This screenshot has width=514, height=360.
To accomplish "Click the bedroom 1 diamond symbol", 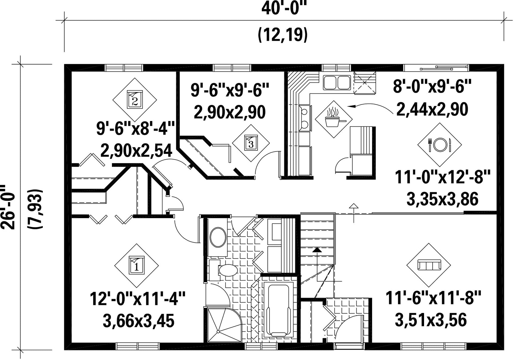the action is [136, 265].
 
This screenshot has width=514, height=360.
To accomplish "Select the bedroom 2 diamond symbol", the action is [134, 100].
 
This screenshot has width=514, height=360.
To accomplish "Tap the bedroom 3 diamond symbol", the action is [251, 143].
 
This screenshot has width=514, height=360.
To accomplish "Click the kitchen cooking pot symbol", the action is [334, 119].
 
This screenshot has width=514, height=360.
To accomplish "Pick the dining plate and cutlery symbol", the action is [439, 145].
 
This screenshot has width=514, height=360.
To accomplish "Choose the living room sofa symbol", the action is [429, 265].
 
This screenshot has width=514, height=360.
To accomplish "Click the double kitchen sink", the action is [337, 83].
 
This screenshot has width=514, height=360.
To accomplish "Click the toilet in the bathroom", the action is [224, 270].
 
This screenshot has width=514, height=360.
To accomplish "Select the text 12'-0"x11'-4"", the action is [138, 299].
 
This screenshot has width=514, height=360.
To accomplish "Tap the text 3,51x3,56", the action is [431, 320].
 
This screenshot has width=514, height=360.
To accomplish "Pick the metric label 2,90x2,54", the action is [136, 150].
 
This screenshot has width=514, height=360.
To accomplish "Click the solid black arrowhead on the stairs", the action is [317, 250].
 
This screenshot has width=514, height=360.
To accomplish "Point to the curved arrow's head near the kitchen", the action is [351, 106].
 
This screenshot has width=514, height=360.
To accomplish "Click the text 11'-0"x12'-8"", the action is [443, 177].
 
